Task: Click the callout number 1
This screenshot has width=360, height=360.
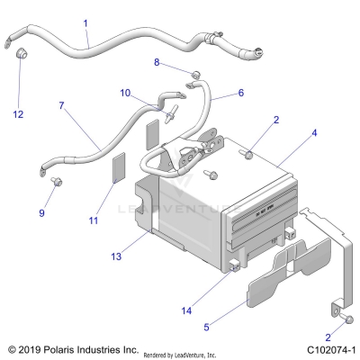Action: tap(85, 22)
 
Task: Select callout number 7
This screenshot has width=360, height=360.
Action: tap(61, 106)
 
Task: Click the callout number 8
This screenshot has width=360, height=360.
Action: tap(156, 62)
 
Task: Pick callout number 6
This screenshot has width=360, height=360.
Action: tap(240, 93)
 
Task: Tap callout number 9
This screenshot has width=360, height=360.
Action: tap(40, 212)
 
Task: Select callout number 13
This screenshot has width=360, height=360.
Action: tap(115, 256)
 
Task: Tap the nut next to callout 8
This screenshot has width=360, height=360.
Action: tap(193, 72)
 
